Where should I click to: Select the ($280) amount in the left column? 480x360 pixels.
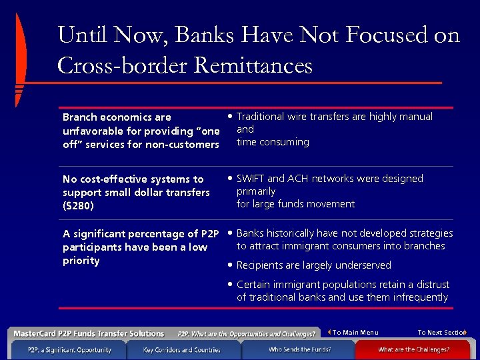coord(78,206)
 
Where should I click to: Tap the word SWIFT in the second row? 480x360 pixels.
coord(251,179)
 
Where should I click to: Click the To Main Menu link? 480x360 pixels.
coord(355,333)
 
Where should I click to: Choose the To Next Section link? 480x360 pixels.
coord(441,333)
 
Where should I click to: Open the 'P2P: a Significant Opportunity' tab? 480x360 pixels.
coord(69,349)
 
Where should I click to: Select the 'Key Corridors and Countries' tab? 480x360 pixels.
coord(181,349)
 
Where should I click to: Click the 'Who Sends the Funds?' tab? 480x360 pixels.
coord(299,349)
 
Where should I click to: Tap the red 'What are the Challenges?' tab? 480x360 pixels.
coord(413,349)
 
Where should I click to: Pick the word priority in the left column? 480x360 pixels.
coord(81,261)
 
